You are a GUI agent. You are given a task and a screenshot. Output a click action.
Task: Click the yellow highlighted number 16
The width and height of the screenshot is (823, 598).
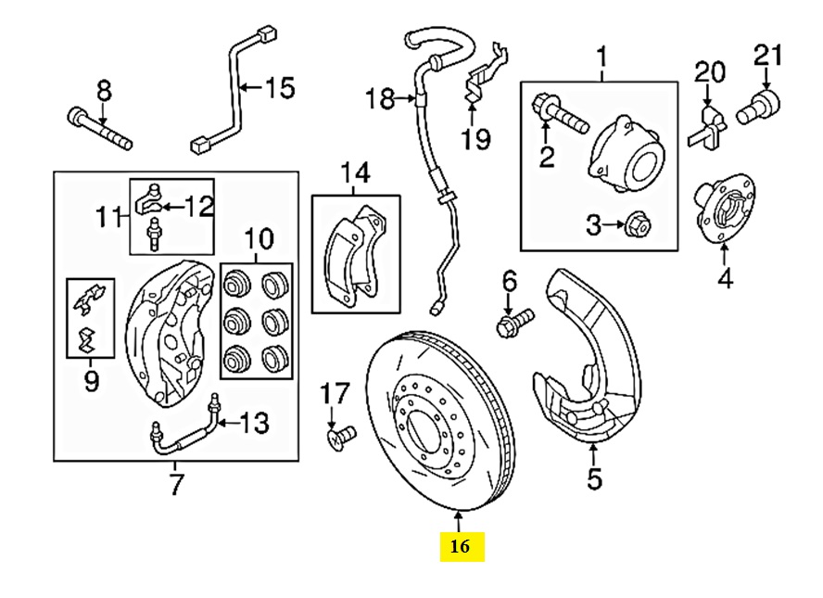[x=460, y=547]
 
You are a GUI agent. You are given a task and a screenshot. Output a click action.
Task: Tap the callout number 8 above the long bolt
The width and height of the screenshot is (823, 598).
[x=105, y=91]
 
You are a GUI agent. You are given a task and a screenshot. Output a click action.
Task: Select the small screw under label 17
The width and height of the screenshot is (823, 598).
[x=341, y=437]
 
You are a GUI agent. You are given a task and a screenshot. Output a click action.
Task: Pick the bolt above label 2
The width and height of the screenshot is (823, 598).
[x=560, y=113]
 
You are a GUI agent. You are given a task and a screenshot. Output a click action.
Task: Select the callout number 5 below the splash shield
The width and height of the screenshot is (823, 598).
[x=594, y=478]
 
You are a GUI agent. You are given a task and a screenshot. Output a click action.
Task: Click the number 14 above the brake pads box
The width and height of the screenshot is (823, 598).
[x=355, y=172]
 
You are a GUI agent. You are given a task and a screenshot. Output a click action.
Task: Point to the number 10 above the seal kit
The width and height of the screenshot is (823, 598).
[x=259, y=239]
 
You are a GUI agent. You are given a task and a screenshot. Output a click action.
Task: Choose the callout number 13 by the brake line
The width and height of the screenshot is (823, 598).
[x=255, y=423]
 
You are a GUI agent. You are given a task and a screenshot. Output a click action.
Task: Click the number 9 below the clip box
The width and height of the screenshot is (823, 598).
[x=92, y=381]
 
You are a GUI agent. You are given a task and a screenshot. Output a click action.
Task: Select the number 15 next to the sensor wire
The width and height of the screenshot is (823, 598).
[x=280, y=88]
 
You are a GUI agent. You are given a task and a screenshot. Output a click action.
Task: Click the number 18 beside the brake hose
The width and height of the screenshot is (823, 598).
[x=380, y=98]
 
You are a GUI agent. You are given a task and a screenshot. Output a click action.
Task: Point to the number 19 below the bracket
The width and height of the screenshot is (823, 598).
[x=476, y=139]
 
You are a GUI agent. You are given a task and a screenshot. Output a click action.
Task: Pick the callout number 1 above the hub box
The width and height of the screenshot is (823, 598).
[x=602, y=57]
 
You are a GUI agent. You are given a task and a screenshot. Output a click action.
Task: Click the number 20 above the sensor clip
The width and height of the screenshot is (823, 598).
[x=710, y=73]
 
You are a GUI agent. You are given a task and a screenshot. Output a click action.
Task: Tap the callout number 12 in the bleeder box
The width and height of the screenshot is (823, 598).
[x=198, y=206]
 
